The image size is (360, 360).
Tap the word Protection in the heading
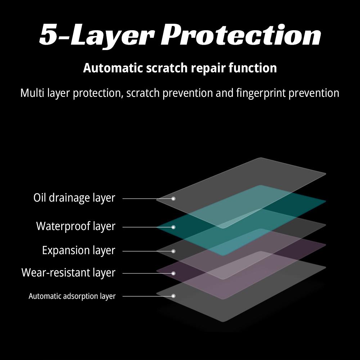[x=240, y=35]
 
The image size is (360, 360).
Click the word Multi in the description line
[x=32, y=93]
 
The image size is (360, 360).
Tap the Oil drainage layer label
[x=74, y=198]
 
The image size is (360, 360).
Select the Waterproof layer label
[x=76, y=226]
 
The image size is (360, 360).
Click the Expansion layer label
[x=78, y=250]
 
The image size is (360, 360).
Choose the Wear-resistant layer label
[x=68, y=273]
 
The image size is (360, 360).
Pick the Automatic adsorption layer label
[x=72, y=296]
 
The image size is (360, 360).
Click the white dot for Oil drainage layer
[x=173, y=199]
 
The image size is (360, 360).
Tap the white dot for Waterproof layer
[x=173, y=227]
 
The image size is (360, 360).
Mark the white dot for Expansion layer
[x=173, y=251]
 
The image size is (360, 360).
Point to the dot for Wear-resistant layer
[x=173, y=273]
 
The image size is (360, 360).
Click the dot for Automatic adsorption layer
[x=173, y=296]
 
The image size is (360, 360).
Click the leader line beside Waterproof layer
[x=144, y=227]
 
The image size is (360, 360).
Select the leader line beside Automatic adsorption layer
[x=144, y=296]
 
